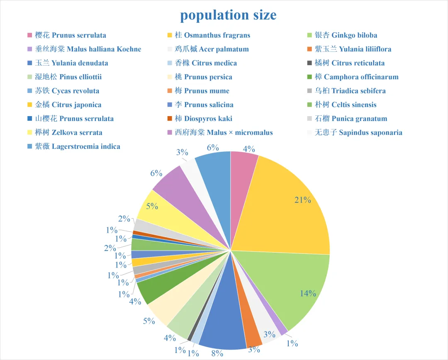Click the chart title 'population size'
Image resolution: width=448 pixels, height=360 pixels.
228,15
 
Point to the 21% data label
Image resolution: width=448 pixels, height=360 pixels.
303,200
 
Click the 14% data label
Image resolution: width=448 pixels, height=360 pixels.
308,294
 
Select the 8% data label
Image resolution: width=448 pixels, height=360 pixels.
217,353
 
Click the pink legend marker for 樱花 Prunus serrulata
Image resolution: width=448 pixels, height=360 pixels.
29,35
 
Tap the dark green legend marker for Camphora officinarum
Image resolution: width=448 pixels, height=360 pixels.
309,77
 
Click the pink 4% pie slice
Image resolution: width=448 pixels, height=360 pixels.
243,166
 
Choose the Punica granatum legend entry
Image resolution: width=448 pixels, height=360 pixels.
351,119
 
